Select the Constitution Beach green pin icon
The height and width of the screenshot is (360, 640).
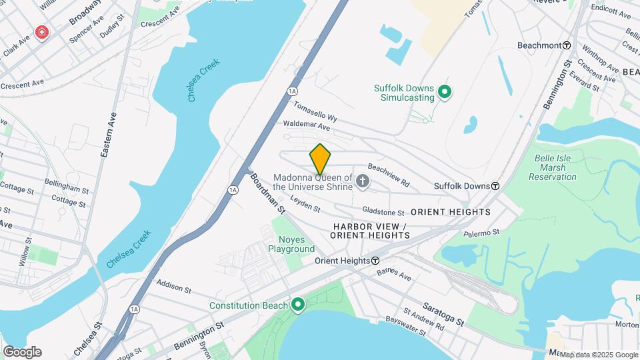pos(298,305)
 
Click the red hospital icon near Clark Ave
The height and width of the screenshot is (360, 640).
pos(42,32)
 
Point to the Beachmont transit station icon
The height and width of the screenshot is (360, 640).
pos(566,45)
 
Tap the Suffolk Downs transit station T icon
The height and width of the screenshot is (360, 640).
pos(495,186)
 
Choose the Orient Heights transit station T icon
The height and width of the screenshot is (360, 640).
pos(375,261)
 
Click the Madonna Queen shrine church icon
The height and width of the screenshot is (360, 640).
pos(362,181)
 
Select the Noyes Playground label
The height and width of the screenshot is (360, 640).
pos(291,244)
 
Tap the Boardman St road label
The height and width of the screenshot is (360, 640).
pos(267,193)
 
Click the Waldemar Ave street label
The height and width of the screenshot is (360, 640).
pos(307,125)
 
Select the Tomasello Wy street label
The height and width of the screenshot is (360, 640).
pos(316,109)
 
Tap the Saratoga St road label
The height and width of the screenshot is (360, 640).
pos(443,317)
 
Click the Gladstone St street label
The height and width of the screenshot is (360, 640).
pos(383,212)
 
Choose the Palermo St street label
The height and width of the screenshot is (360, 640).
pos(482,233)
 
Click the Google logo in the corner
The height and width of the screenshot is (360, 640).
pos(22,352)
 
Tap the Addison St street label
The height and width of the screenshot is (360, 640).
pos(174,287)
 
